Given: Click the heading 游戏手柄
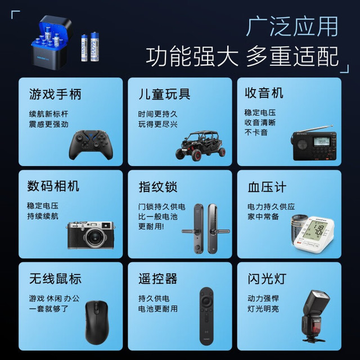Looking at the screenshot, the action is tap(55, 94).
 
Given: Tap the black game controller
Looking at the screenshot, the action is tap(91, 145).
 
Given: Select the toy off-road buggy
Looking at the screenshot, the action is tap(201, 145).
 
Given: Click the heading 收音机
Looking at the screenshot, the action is tap(264, 93).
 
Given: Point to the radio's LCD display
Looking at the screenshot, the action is tap(322, 141).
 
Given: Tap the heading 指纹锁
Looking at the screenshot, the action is tap(158, 187).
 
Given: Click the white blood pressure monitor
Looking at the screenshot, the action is tap(314, 234).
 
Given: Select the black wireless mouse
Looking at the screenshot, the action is tap(97, 322).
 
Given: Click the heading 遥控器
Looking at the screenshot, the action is tap(157, 279).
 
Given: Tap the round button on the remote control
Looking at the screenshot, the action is tap(206, 300).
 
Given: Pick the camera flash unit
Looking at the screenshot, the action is tap(315, 316).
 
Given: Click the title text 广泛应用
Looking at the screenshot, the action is tap(292, 26).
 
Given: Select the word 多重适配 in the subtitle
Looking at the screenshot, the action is tap(292, 56).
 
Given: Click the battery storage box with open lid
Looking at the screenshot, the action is tap(52, 43).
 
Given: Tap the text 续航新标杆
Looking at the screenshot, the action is tap(48, 114).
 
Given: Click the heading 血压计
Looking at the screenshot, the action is tap(267, 187).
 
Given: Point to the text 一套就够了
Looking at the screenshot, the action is tap(49, 309).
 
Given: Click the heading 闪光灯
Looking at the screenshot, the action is tap(267, 279).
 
